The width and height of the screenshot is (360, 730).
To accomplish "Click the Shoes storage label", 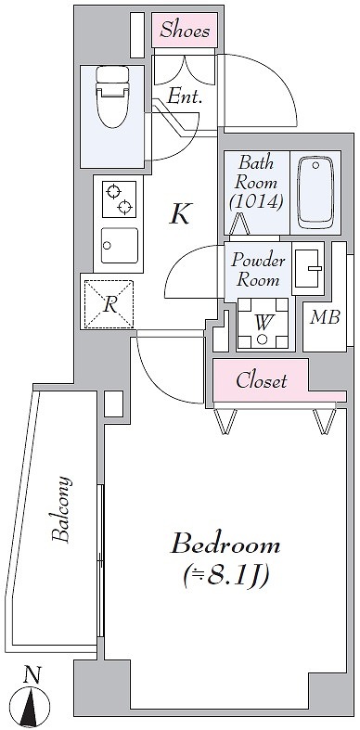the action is click(185, 31).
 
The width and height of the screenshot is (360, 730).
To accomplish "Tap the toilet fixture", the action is click(111, 96).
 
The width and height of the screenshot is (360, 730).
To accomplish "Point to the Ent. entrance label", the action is click(185, 96).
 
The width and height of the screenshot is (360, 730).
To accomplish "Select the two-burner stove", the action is click(119, 199).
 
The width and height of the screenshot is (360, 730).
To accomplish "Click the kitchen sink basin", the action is click(119, 246).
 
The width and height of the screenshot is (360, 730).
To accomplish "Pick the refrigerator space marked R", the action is click(109, 304).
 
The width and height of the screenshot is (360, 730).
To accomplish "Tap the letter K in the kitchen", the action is click(181, 214).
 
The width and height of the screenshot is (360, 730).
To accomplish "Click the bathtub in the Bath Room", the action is click(315, 193).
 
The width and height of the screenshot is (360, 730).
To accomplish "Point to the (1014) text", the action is click(256, 201).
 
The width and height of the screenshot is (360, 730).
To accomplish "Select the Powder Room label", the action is click(258, 270).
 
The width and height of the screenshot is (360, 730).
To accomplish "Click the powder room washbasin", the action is click(308, 268).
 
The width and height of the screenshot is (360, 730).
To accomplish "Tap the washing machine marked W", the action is click(263, 323).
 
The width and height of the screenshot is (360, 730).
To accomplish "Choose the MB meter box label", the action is click(325, 317).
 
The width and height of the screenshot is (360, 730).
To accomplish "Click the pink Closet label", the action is click(262, 381).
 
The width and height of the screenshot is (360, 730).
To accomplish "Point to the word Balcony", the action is click(62, 509).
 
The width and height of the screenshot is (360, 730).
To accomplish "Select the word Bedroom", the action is click(225, 545).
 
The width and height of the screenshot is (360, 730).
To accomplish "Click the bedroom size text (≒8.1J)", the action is click(225, 576).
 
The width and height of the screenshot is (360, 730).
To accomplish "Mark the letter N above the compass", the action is click(32, 674).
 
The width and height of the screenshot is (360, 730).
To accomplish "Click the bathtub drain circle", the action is click(315, 166).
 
